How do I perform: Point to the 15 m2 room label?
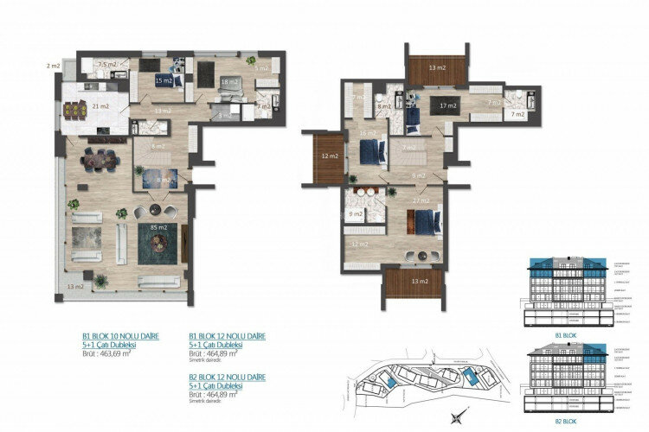point(164,80)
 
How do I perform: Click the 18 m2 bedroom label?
point(228,82)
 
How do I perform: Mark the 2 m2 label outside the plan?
point(54,65)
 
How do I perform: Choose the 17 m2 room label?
point(447,106)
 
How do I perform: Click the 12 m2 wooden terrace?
point(327,157)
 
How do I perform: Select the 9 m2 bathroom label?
point(356,213)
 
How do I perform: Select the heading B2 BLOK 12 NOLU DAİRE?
point(228,377)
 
